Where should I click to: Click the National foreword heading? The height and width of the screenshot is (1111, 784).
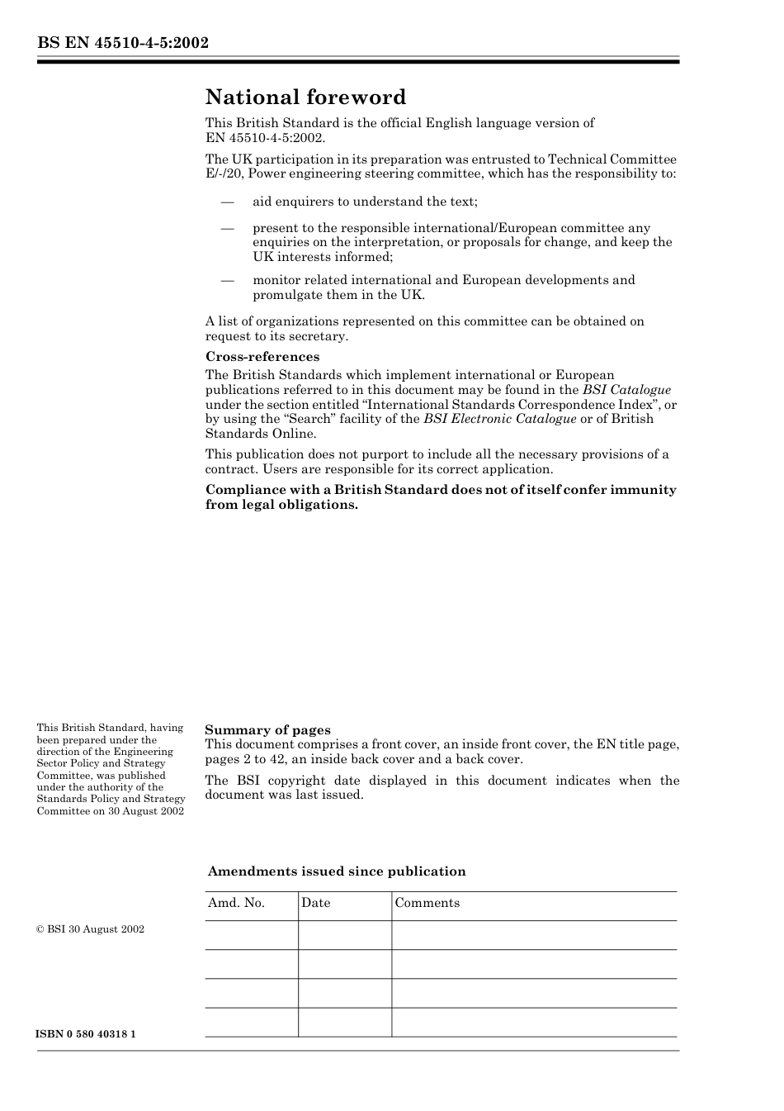click(x=305, y=97)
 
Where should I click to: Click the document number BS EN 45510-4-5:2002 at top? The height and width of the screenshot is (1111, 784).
click(x=122, y=43)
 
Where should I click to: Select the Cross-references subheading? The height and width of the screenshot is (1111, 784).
click(x=262, y=357)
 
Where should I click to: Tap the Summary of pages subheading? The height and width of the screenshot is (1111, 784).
click(x=267, y=729)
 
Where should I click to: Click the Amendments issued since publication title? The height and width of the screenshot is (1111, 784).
click(x=337, y=871)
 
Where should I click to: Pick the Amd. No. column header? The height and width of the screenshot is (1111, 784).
click(x=236, y=903)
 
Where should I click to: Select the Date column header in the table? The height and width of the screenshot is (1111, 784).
click(x=315, y=903)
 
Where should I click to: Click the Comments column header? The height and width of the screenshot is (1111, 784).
click(x=427, y=903)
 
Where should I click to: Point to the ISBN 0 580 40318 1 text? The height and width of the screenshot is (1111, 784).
click(x=87, y=1034)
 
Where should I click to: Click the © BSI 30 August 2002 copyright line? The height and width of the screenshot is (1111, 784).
click(x=91, y=929)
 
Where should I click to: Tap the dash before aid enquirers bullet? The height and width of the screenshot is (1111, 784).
click(x=227, y=202)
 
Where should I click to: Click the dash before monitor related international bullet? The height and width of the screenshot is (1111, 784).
click(x=227, y=280)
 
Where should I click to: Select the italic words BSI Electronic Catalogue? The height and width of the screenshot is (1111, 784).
click(x=499, y=419)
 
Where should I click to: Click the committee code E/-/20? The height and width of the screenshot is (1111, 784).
click(x=223, y=173)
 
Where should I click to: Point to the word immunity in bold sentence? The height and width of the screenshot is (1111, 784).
click(x=647, y=490)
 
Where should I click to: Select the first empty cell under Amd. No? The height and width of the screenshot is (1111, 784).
click(x=251, y=935)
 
